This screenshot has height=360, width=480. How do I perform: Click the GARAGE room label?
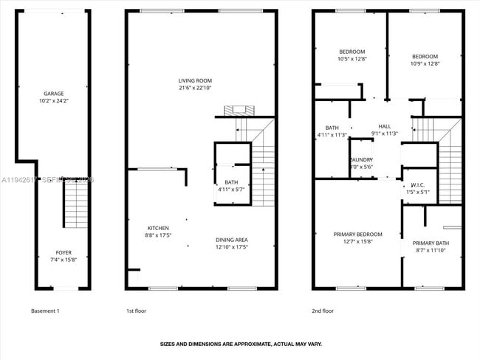[x=53, y=94]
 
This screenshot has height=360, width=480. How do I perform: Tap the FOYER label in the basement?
[x=64, y=252]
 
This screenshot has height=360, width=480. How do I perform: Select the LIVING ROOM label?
[x=195, y=80]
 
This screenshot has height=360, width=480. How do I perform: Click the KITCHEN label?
[x=158, y=228]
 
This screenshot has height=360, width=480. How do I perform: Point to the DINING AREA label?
[x=231, y=240]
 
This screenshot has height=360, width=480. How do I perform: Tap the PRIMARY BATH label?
[x=429, y=243]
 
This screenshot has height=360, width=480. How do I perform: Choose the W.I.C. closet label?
[x=417, y=184]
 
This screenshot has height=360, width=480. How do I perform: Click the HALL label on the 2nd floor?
[x=385, y=126]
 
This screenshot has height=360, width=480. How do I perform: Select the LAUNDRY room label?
[x=361, y=159]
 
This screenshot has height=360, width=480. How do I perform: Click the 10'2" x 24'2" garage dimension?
[x=53, y=101]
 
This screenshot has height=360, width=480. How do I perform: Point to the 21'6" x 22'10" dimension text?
[x=195, y=88]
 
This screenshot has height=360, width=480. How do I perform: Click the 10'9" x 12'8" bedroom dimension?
[x=425, y=64]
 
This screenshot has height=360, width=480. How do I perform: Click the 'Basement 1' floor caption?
[x=46, y=311]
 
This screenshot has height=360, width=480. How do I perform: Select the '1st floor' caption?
[x=136, y=311]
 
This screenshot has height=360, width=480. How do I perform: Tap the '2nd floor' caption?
[x=323, y=311]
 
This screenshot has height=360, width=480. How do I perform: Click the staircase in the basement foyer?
[x=76, y=204]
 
